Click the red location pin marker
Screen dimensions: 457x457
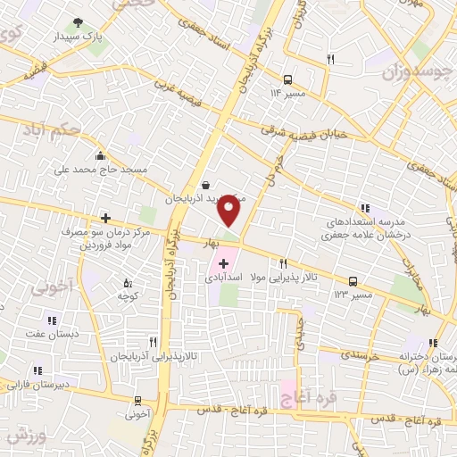pyautogui.click(x=230, y=210)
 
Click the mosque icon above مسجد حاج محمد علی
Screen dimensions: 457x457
pyautogui.click(x=100, y=154)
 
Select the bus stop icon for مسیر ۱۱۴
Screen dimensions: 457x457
pyautogui.click(x=287, y=79)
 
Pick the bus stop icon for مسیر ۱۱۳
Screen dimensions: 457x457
pyautogui.click(x=353, y=280)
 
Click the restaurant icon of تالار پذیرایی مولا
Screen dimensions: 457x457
pyautogui.click(x=283, y=262)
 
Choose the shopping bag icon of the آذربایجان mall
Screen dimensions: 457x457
pyautogui.click(x=207, y=185)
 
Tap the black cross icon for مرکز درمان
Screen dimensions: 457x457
pyautogui.click(x=105, y=217)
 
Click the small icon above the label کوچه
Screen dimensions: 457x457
pyautogui.click(x=129, y=281)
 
